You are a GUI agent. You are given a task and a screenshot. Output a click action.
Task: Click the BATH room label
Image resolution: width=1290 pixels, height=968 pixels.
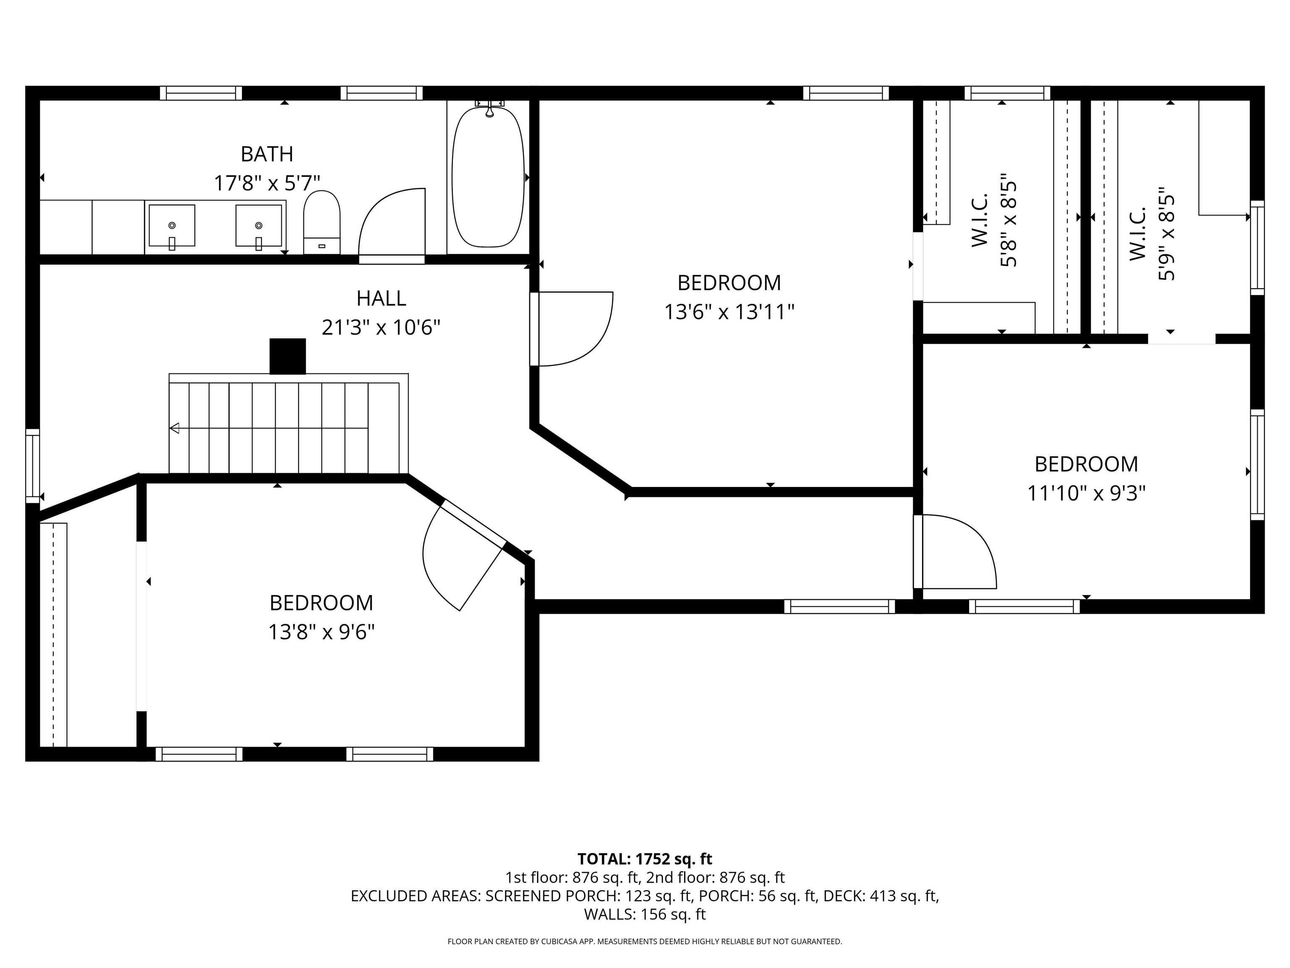[x=267, y=154]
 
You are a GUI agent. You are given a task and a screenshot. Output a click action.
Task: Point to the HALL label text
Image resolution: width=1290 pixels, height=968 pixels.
[x=381, y=298]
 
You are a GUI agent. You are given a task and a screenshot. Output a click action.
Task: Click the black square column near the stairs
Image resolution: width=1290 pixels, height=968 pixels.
[x=288, y=356]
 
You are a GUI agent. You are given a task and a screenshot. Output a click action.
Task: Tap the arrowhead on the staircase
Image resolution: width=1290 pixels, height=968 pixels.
[x=174, y=428]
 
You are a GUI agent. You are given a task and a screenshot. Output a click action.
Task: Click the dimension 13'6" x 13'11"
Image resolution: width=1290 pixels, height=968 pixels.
[x=729, y=312]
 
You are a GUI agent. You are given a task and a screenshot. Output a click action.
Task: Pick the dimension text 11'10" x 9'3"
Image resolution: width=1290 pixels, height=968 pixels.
[x=1086, y=494]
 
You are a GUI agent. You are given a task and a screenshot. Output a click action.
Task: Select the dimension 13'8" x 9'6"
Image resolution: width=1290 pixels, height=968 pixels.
[x=321, y=632]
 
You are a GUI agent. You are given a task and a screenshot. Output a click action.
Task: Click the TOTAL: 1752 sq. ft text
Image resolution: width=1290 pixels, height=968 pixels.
[x=645, y=859]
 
